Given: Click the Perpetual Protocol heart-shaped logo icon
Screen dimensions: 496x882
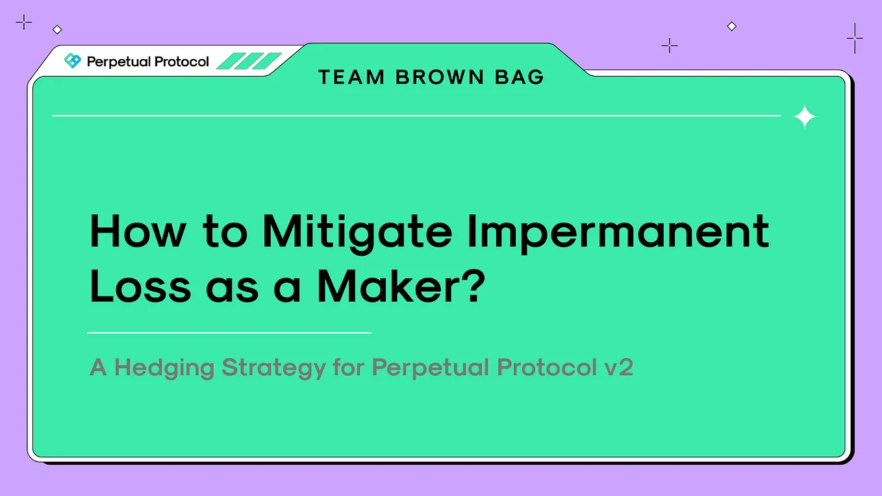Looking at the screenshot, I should click(73, 61).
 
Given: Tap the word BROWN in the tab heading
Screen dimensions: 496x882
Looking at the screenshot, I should click(440, 77).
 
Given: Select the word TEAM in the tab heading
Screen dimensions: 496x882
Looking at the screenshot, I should click(351, 77).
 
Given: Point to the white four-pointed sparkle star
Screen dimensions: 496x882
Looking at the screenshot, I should click(805, 116).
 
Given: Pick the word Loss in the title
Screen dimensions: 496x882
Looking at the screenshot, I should click(140, 288).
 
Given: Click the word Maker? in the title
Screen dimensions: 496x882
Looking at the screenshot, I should click(401, 288).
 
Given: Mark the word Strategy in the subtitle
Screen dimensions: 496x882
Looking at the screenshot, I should click(273, 368).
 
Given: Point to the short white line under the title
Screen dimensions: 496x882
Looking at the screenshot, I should click(229, 332).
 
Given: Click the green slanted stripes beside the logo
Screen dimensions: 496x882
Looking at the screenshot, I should click(249, 61).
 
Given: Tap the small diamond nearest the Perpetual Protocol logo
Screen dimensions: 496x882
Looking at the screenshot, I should click(57, 29).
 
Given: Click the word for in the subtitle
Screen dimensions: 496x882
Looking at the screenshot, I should click(348, 368).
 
